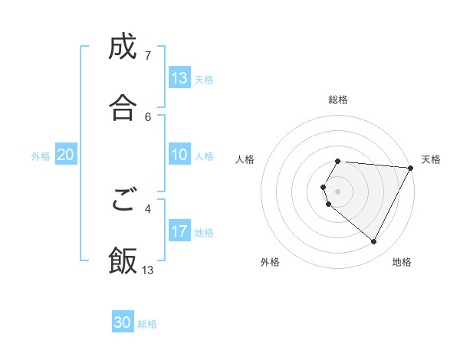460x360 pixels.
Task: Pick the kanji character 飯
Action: (x=123, y=260)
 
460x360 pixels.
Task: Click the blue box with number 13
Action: (x=179, y=78)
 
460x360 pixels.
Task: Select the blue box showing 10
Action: (x=179, y=155)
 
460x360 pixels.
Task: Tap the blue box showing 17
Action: (x=179, y=231)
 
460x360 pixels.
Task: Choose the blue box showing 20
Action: (x=65, y=155)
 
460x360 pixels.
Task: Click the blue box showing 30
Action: (x=123, y=322)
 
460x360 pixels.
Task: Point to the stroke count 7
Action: (x=148, y=55)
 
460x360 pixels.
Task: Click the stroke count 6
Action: (x=148, y=116)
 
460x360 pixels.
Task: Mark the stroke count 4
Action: (x=148, y=208)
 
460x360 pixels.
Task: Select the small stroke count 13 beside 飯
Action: (x=148, y=270)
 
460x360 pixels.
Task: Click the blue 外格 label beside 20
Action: (x=41, y=156)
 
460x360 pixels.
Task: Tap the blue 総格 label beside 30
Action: (x=147, y=324)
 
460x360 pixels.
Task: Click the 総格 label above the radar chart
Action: (x=338, y=100)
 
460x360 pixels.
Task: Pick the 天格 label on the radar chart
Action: (x=431, y=159)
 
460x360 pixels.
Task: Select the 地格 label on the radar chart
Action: (x=402, y=262)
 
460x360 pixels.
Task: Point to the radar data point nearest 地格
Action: (x=374, y=242)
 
